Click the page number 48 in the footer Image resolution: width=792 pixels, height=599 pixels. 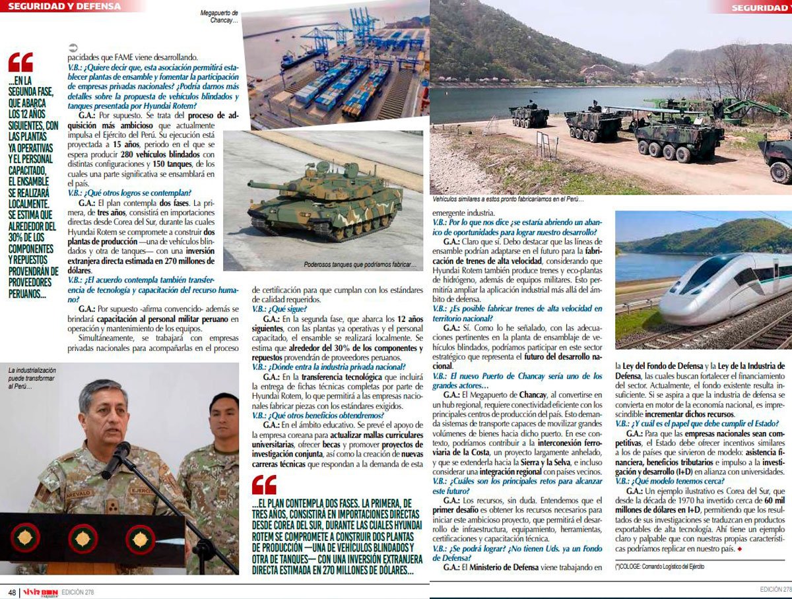click(x=12, y=592)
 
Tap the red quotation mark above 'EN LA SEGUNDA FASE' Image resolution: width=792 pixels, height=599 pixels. click(x=20, y=63)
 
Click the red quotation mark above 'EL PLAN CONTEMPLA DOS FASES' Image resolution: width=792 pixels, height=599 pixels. click(x=264, y=485)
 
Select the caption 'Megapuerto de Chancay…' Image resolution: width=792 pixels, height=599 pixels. click(x=220, y=16)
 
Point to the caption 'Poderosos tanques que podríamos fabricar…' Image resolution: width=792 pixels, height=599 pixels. click(x=360, y=265)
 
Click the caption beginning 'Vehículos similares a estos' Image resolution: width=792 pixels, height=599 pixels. click(x=508, y=199)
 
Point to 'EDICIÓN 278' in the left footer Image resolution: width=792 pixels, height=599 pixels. click(x=77, y=592)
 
